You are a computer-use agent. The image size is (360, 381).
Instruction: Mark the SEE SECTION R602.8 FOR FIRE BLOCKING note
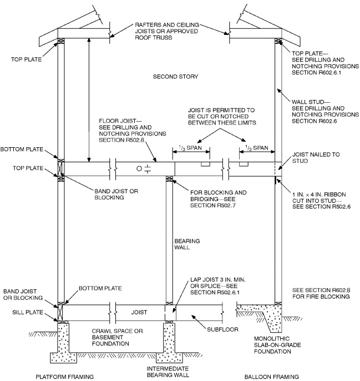pyautogui.click(x=320, y=293)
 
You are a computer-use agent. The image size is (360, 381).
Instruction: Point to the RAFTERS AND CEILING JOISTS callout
pyautogui.click(x=169, y=34)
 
